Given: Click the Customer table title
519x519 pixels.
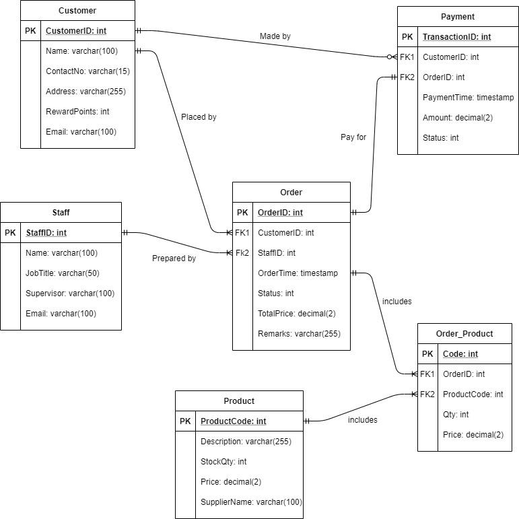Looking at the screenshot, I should coord(77,11).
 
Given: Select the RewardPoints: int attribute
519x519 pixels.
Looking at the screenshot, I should coord(77,112).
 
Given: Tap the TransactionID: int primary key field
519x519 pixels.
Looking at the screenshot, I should coord(456,37).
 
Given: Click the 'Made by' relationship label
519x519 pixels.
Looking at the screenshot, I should coord(275,36).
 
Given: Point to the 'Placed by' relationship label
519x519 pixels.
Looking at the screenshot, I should coord(199,117).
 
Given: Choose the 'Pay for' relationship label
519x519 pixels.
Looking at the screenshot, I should coord(353,137).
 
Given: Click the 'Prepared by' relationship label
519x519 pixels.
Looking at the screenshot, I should coord(174,258).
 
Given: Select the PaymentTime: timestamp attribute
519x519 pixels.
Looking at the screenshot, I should coord(468,98).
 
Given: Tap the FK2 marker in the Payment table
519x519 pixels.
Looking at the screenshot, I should coord(407,77).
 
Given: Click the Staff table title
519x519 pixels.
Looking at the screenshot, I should coord(61,213).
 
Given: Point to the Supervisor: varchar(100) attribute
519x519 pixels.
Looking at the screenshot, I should coord(70,293).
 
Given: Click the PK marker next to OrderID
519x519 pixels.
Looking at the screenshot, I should coord(242,213).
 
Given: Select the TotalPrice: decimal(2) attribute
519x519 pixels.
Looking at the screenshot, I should coord(297,314).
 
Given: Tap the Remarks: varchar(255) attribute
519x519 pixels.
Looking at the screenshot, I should coord(299,334).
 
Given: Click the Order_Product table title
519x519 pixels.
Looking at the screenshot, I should coord(464,334).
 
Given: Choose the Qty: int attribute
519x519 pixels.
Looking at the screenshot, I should coord(456,415).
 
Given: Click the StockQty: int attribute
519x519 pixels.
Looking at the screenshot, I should coord(223,462).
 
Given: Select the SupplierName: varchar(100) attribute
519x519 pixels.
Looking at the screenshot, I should coord(251,502).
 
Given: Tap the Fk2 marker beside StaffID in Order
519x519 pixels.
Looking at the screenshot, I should coord(242,253).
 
